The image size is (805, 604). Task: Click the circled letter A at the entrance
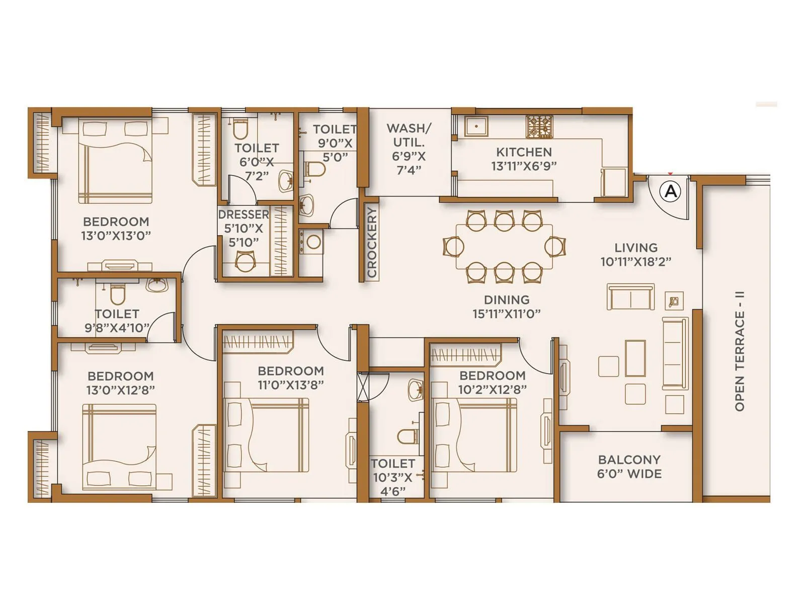click(x=672, y=191)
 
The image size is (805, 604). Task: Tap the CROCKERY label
click(x=372, y=243)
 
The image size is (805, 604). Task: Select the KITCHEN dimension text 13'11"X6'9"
click(x=524, y=166)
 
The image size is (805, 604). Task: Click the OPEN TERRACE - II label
click(x=739, y=351)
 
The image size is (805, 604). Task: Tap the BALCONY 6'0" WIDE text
click(x=629, y=467)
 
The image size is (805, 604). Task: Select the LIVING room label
click(x=635, y=248)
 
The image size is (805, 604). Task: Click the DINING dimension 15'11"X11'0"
click(x=506, y=314)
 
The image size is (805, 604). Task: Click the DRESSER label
click(x=244, y=214)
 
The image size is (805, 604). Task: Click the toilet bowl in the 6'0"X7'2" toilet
click(x=240, y=130)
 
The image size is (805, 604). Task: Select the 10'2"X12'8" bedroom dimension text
click(x=492, y=390)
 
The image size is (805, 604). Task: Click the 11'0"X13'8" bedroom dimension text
click(x=290, y=385)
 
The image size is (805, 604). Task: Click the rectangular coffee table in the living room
click(x=635, y=358)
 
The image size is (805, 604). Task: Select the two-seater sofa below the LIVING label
click(x=630, y=297)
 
